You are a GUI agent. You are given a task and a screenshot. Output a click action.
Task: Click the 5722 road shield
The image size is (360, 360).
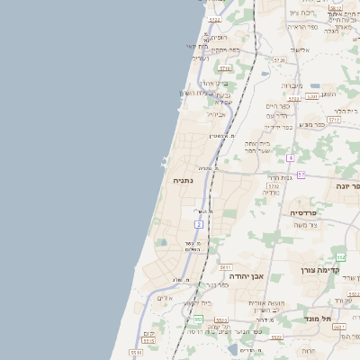click(x=214, y=19)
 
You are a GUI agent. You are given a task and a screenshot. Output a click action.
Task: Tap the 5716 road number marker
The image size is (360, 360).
click(x=225, y=67)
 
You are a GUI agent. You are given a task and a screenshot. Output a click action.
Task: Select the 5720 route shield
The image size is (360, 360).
click(x=279, y=60)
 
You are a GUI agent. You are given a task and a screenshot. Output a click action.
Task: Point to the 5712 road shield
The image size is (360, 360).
click(x=334, y=119)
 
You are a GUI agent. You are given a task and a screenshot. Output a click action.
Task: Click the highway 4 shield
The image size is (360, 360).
click(x=291, y=157)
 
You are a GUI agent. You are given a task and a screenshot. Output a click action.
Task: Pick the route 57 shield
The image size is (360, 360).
click(x=301, y=175)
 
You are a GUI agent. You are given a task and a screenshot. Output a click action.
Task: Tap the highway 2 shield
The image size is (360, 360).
click(x=199, y=222)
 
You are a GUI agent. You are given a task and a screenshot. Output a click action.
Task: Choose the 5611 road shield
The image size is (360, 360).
click(x=225, y=267)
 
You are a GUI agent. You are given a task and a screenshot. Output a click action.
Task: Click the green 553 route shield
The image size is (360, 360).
click(x=197, y=319)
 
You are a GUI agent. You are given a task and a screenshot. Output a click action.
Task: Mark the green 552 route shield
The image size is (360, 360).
click(x=341, y=257)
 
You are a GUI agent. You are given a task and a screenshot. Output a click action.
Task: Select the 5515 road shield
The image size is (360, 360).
click(x=136, y=353)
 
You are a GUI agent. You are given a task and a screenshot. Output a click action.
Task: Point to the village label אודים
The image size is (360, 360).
click(x=165, y=298)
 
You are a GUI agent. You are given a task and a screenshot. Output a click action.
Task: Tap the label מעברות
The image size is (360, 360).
click(x=292, y=86)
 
